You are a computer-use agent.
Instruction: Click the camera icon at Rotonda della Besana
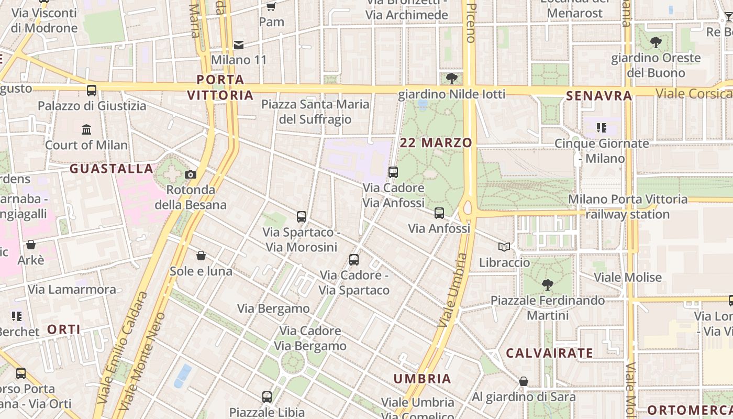point(191,174)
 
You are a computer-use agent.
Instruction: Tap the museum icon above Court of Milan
point(86,129)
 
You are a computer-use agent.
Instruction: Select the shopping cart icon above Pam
point(271,6)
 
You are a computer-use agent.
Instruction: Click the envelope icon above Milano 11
point(239,45)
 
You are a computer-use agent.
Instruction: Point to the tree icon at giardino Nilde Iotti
point(451,79)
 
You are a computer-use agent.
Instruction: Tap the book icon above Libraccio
point(504,247)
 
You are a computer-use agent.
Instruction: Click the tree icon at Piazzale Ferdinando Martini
point(548,285)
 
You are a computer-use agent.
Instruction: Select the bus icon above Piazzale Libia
point(267,396)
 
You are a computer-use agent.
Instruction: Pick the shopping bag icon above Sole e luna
point(201,256)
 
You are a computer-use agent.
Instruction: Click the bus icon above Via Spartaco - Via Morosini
point(301,216)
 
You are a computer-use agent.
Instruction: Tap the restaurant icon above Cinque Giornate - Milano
point(602,127)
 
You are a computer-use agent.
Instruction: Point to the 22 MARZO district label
point(436,142)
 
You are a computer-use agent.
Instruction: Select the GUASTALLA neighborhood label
point(112,169)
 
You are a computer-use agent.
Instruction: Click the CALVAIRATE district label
point(549,353)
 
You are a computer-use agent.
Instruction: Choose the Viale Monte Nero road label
point(143,361)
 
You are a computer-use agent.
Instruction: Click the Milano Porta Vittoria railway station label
point(628,206)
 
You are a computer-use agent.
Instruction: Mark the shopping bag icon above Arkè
point(31,245)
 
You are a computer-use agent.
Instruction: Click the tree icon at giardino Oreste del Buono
point(656,42)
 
